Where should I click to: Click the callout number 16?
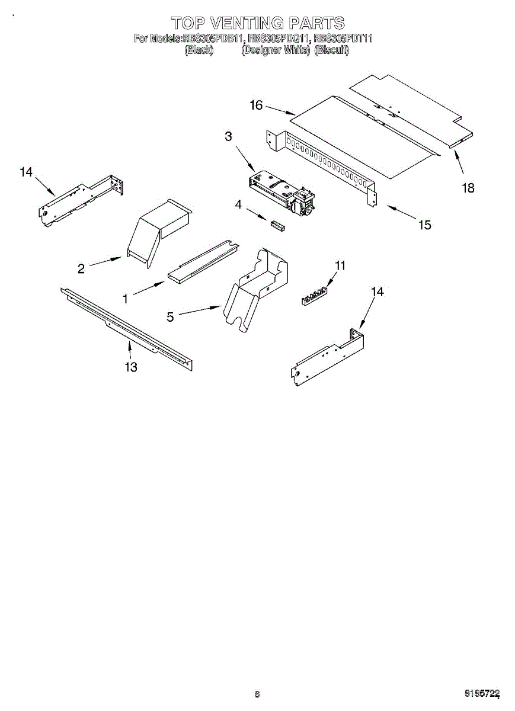tap(256, 105)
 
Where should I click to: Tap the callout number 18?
tap(468, 188)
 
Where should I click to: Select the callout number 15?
tap(425, 225)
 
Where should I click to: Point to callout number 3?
tap(228, 136)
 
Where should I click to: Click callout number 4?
tap(238, 204)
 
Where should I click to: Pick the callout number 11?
tap(340, 265)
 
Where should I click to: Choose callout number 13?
tap(131, 367)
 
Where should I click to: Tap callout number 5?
tap(171, 318)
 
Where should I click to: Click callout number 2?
tap(81, 269)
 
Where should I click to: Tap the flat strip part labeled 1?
tap(201, 261)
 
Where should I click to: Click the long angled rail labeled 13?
tap(127, 329)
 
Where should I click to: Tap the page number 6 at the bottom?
tap(257, 694)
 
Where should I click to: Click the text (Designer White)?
tap(276, 50)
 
